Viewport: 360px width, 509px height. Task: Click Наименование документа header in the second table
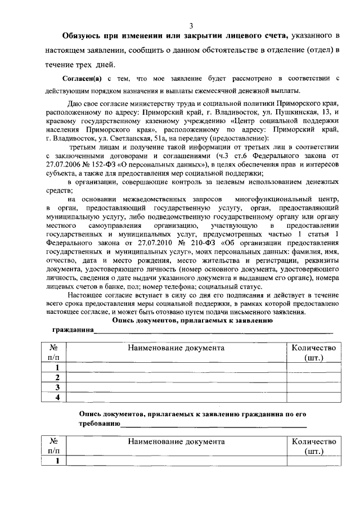click(175, 442)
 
